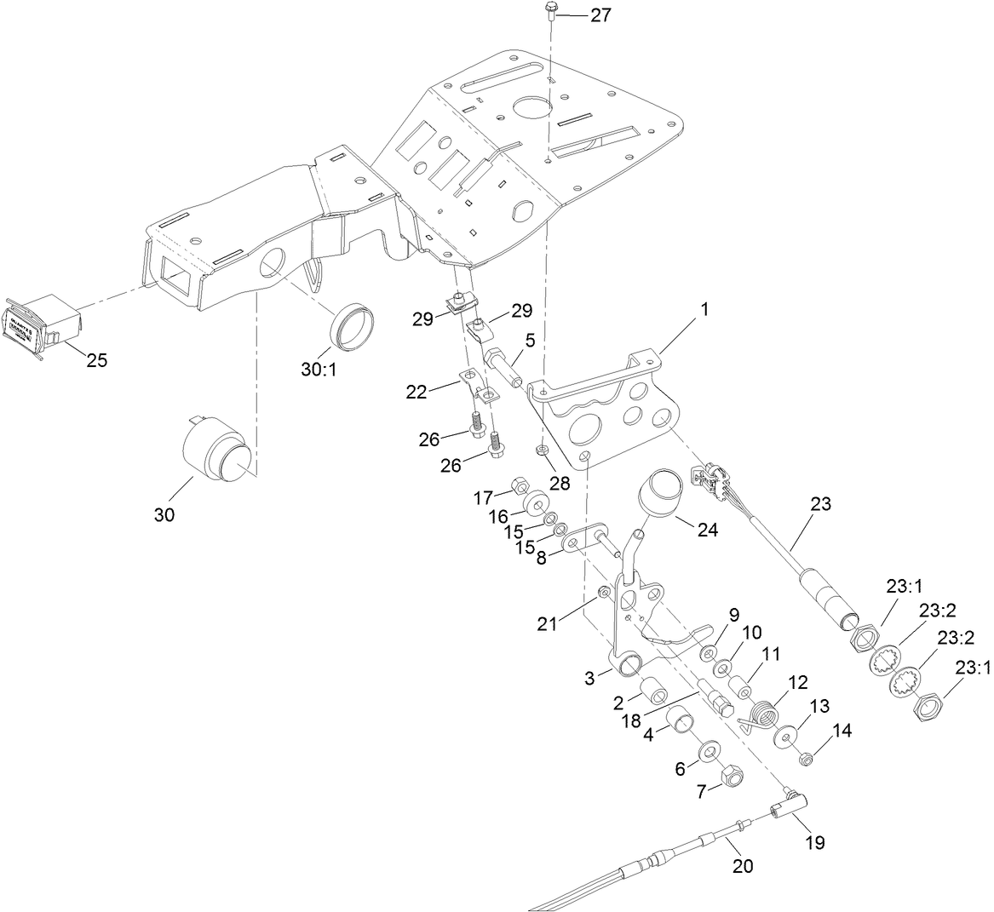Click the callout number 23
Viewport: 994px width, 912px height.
click(x=819, y=503)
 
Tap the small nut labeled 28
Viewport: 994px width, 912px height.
click(x=541, y=448)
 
